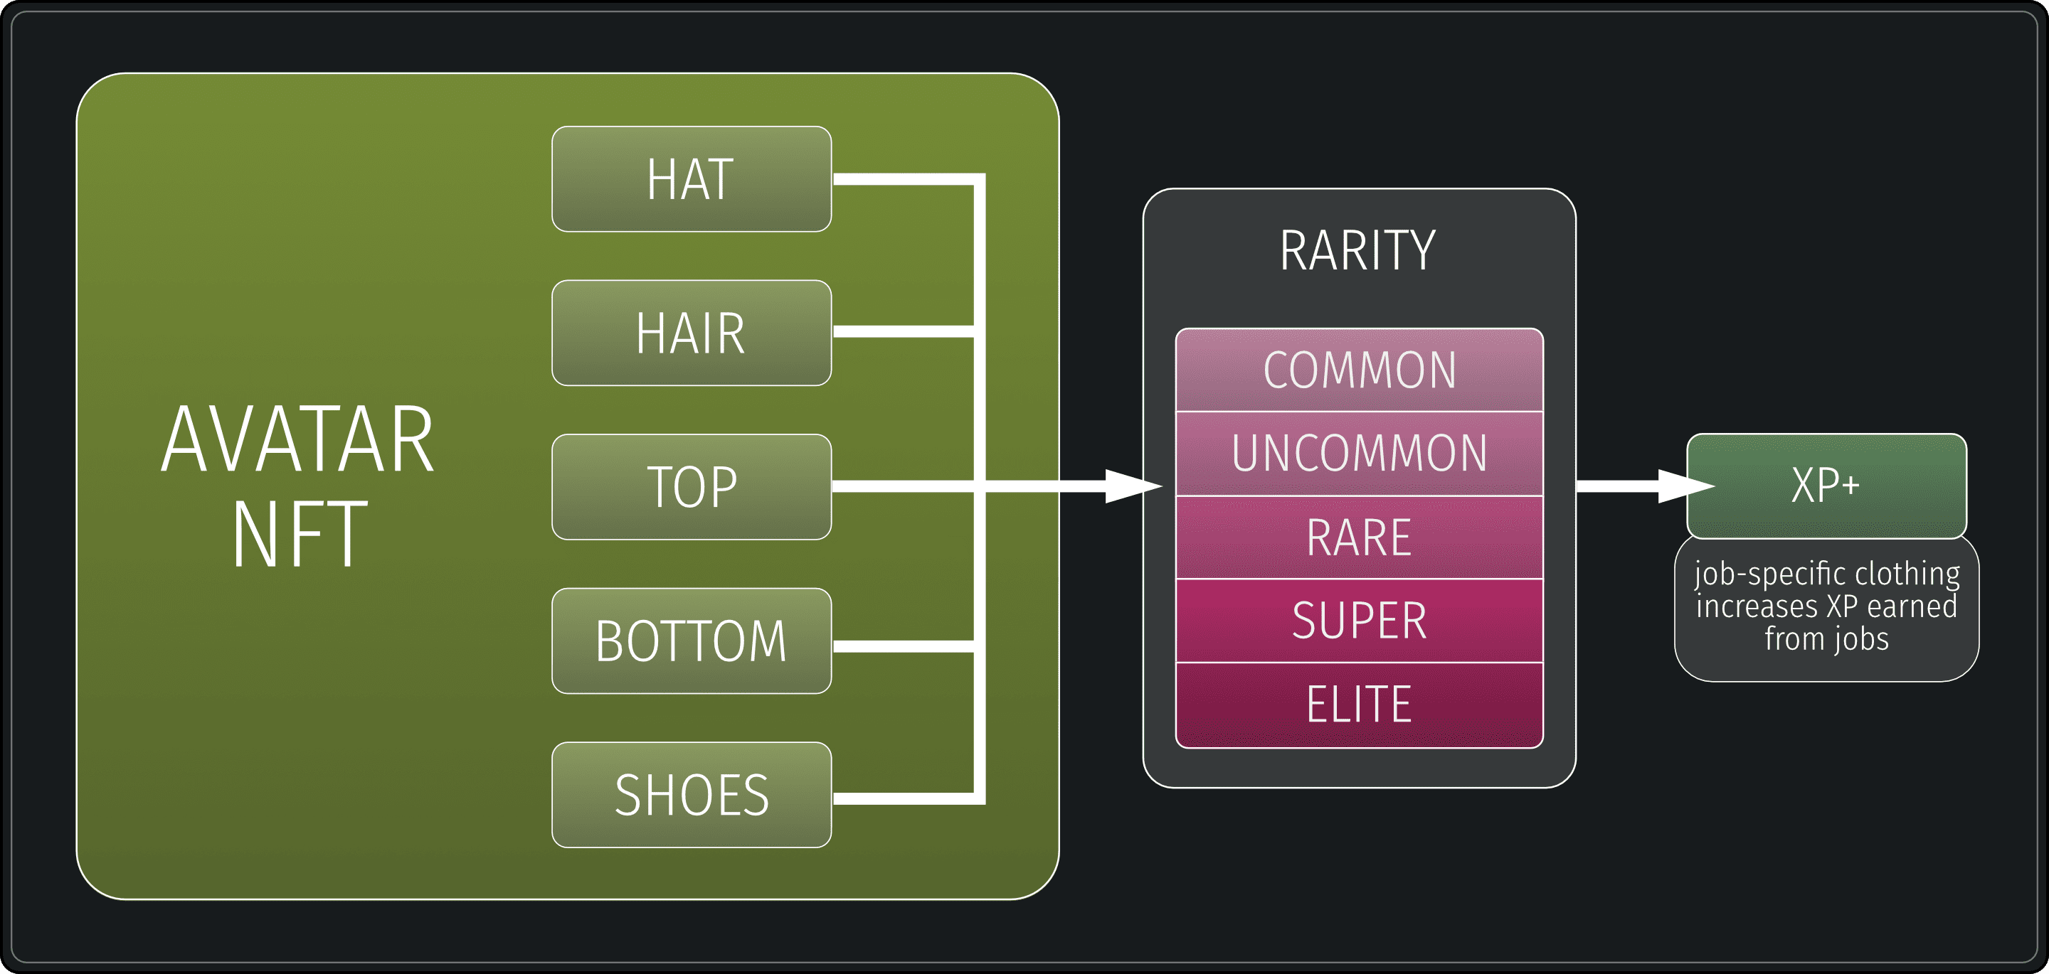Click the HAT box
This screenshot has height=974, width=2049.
[692, 179]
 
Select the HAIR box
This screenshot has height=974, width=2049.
[692, 333]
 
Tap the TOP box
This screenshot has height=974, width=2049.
[692, 486]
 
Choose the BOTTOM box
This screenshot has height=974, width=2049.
[692, 641]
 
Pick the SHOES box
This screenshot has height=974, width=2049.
[692, 794]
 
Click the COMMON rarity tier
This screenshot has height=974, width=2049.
[1360, 370]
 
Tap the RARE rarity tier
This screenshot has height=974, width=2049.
[1360, 537]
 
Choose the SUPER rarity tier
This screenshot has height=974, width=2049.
[1360, 621]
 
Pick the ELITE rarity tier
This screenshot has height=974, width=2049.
[1360, 705]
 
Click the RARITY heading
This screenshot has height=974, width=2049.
[1357, 250]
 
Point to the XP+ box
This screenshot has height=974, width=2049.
[1826, 485]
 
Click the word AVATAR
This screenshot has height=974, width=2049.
[297, 439]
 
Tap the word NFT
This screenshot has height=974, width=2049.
[300, 535]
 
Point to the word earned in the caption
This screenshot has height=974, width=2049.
[1912, 606]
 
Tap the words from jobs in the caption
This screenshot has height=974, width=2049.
[1826, 639]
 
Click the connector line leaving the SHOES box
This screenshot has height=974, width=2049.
[903, 798]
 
